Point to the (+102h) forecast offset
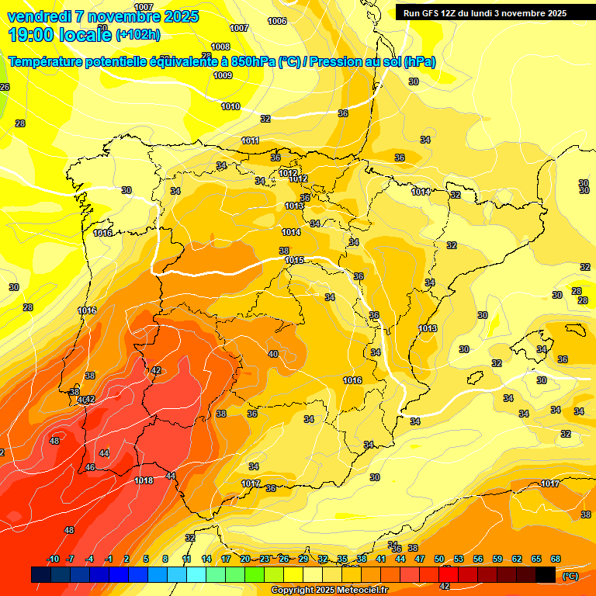coord(138,35)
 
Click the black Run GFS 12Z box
coord(486,13)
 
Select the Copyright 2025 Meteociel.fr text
coord(329,590)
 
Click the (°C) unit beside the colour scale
coord(570,576)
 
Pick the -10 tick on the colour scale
coord(53,560)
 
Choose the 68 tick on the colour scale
coord(556,560)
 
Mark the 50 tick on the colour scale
coord(439,560)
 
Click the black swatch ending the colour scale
coord(546,574)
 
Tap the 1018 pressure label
coord(144,480)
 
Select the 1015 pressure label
coord(294,260)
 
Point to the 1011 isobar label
coord(250,140)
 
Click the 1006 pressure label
coord(276,21)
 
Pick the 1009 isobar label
coord(223,75)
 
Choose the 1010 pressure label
coord(230,106)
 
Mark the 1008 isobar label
coord(220,47)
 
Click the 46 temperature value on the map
coord(90,467)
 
